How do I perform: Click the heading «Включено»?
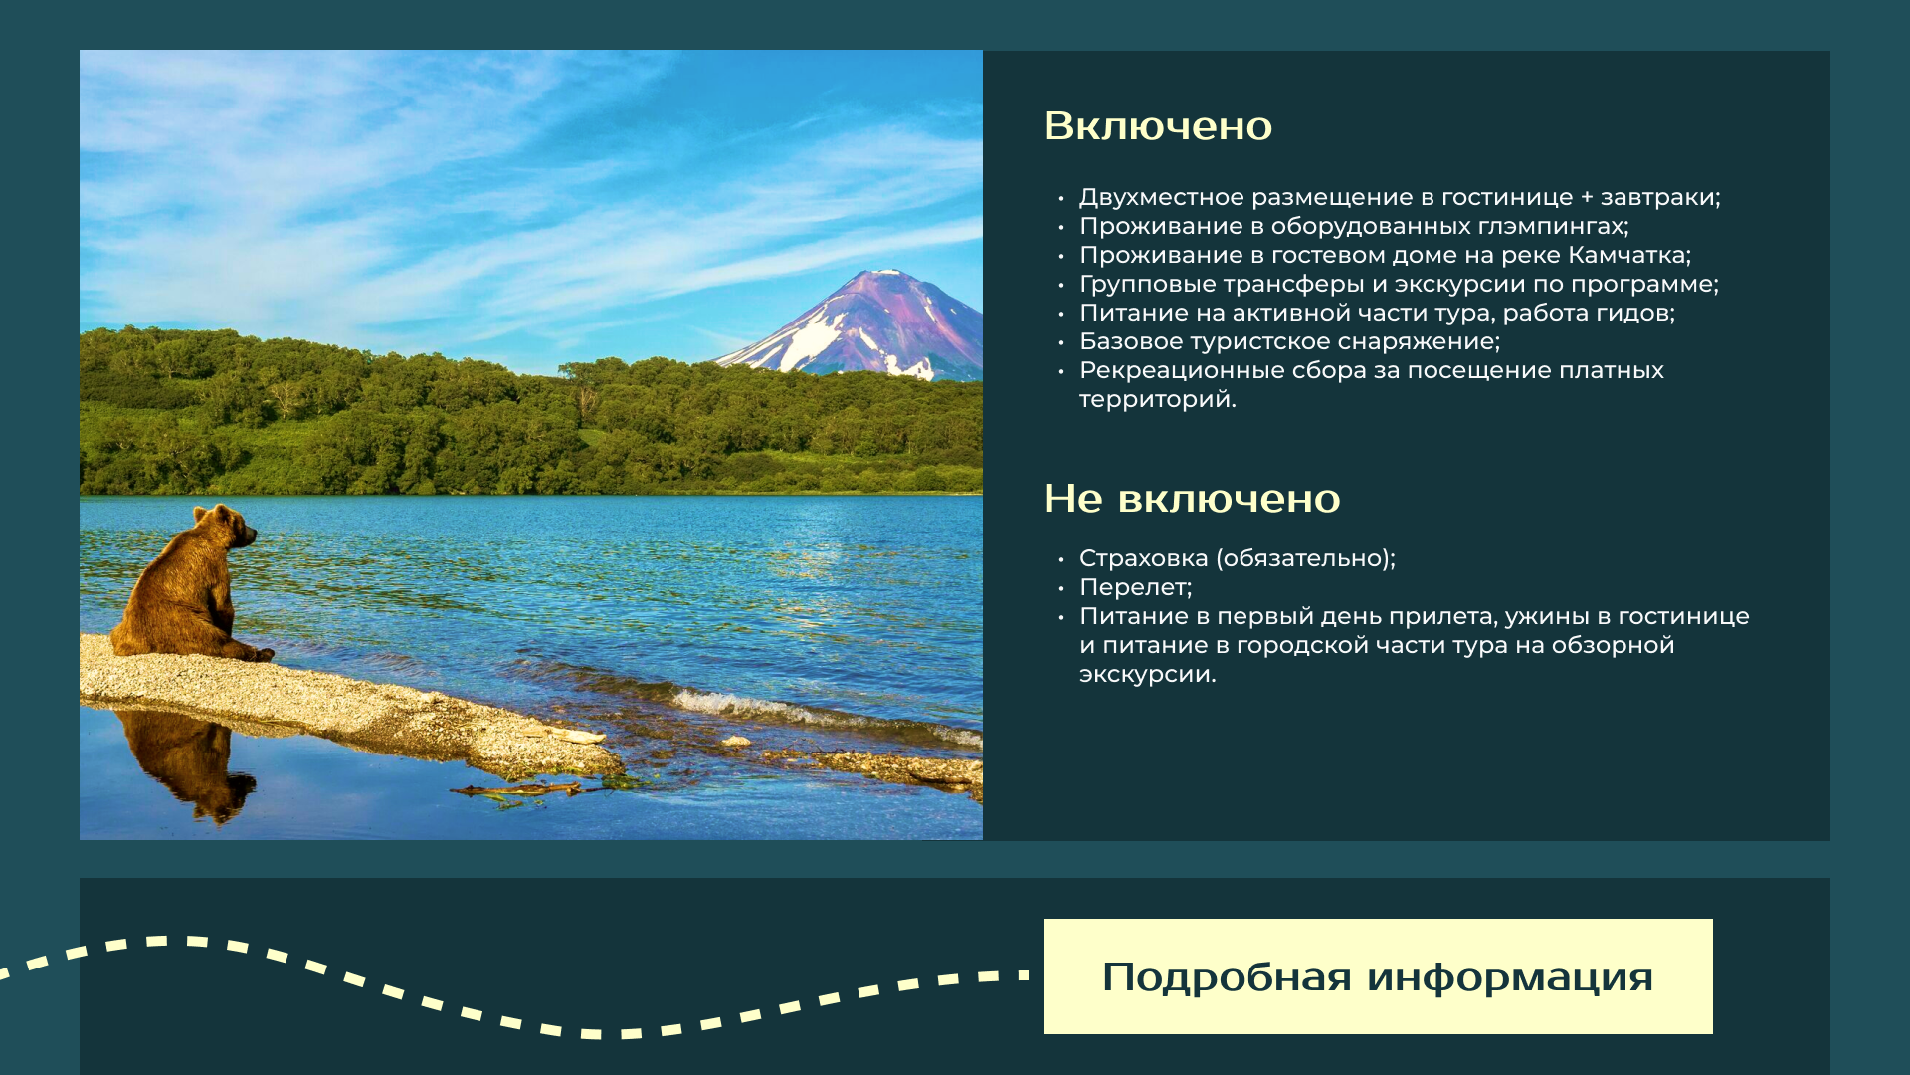pyautogui.click(x=1158, y=126)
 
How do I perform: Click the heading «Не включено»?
pyautogui.click(x=1192, y=499)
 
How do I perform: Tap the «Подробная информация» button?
pyautogui.click(x=1378, y=976)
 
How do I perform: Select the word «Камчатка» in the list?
pyautogui.click(x=1628, y=255)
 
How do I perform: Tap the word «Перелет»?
pyautogui.click(x=1135, y=587)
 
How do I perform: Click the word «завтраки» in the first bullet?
pyautogui.click(x=1659, y=197)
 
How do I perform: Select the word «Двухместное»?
pyautogui.click(x=1161, y=197)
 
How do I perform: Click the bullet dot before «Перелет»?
pyautogui.click(x=1061, y=588)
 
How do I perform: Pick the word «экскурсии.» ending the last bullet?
pyautogui.click(x=1148, y=674)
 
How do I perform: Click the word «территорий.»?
pyautogui.click(x=1158, y=399)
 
